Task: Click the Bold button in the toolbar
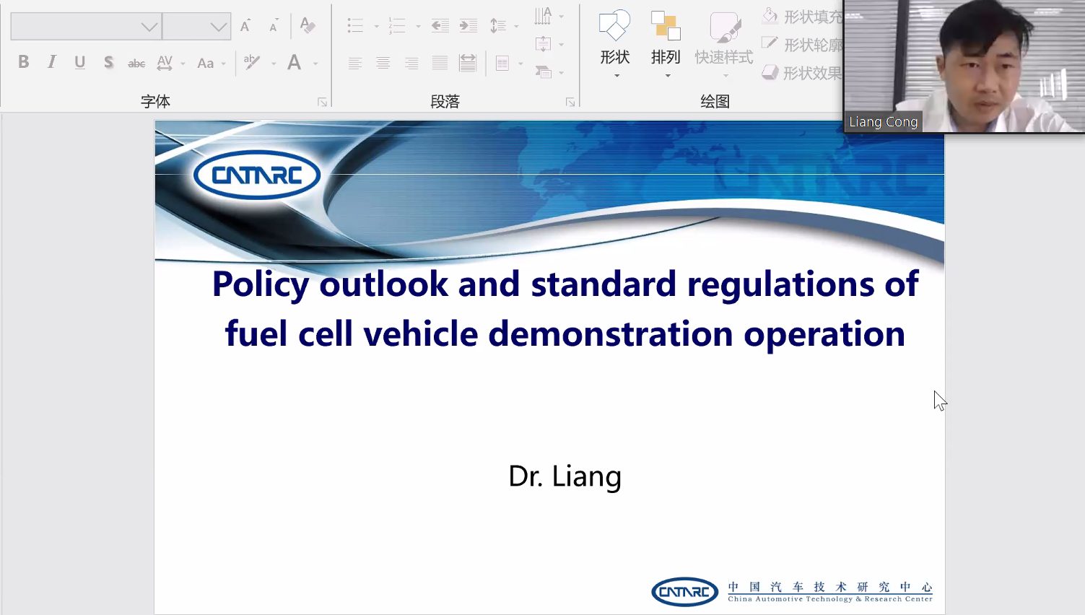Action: (23, 62)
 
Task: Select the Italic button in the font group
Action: (51, 62)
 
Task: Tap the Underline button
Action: (80, 63)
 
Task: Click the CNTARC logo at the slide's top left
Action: (257, 175)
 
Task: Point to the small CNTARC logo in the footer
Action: (684, 592)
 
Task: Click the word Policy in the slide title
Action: (261, 284)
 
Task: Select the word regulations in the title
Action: (780, 284)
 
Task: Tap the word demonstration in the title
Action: (610, 333)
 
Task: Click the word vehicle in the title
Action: (421, 333)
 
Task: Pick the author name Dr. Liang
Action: (565, 476)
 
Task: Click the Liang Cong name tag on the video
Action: (884, 122)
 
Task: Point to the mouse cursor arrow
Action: (940, 401)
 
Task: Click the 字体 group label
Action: (155, 102)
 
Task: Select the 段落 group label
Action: (445, 102)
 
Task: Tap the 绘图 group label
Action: (715, 102)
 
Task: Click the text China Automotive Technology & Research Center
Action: (830, 599)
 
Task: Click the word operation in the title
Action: (824, 335)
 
